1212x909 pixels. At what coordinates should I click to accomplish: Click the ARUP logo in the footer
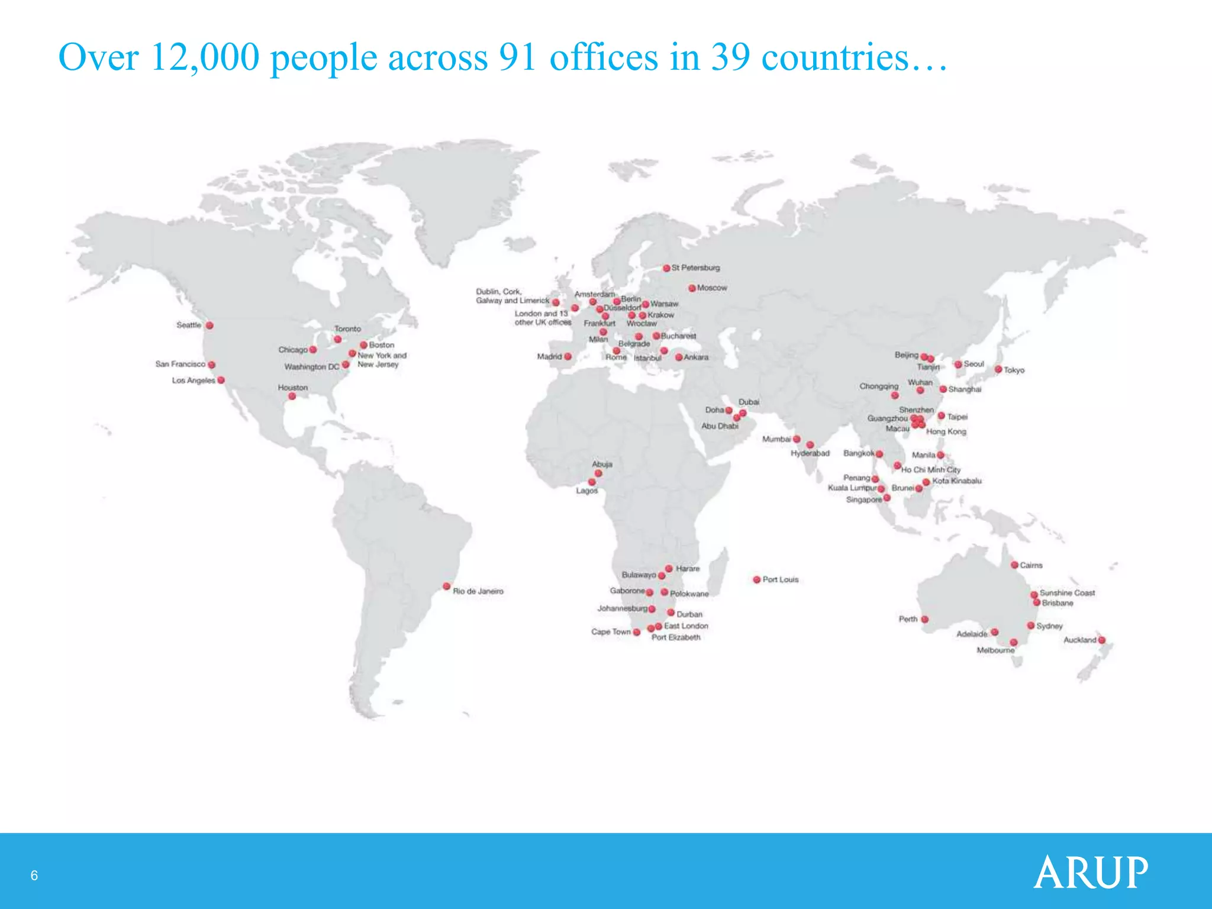pyautogui.click(x=1090, y=872)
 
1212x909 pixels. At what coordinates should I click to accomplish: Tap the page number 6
pyautogui.click(x=34, y=875)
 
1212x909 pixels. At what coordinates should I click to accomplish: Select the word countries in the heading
pyautogui.click(x=834, y=57)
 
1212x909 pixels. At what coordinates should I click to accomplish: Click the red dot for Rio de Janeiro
pyautogui.click(x=447, y=586)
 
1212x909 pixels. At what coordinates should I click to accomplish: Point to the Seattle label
pyautogui.click(x=189, y=325)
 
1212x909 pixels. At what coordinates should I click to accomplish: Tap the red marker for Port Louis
pyautogui.click(x=756, y=579)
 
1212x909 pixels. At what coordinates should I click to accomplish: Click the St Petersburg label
pyautogui.click(x=695, y=267)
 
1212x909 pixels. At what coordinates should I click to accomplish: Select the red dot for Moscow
pyautogui.click(x=691, y=288)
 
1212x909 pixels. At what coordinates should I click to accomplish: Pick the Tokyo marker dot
pyautogui.click(x=998, y=369)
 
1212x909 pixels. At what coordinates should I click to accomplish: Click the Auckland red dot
pyautogui.click(x=1101, y=640)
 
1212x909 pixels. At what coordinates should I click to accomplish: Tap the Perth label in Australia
pyautogui.click(x=908, y=619)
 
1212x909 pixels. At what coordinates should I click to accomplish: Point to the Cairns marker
pyautogui.click(x=1014, y=565)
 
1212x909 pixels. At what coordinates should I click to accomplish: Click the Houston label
pyautogui.click(x=293, y=388)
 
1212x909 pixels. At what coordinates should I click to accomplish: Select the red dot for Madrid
pyautogui.click(x=568, y=356)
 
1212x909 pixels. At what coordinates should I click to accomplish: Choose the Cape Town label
pyautogui.click(x=611, y=632)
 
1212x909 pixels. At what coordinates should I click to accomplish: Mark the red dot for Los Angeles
pyautogui.click(x=221, y=380)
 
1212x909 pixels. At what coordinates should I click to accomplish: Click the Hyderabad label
pyautogui.click(x=810, y=453)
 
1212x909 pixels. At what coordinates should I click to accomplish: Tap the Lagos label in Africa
pyautogui.click(x=587, y=491)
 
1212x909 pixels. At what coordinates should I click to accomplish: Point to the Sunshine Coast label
pyautogui.click(x=1067, y=592)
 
